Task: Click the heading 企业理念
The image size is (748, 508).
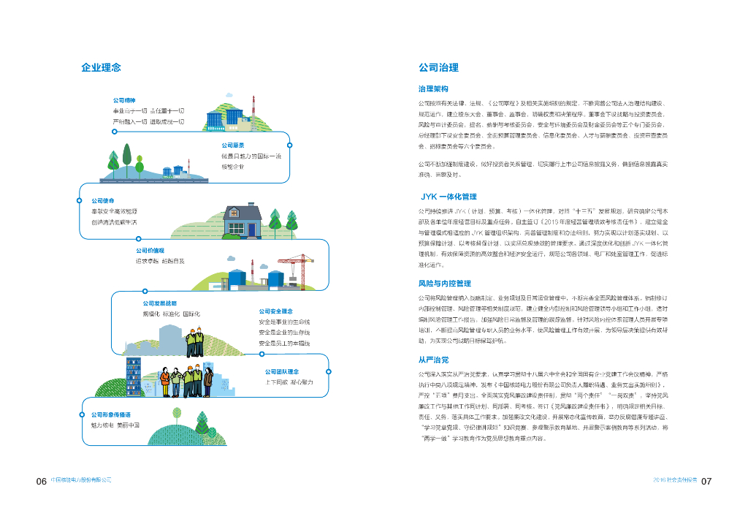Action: click(x=101, y=68)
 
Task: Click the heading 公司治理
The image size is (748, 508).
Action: click(x=438, y=68)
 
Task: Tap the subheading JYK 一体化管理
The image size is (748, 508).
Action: click(x=449, y=197)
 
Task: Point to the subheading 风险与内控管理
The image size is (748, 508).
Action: click(x=444, y=284)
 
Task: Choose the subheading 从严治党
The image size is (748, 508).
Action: click(x=433, y=360)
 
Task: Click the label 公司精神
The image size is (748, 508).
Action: click(x=123, y=99)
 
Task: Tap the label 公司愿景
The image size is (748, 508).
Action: click(x=233, y=145)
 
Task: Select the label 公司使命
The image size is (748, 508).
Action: click(x=103, y=200)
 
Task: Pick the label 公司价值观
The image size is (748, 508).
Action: click(x=150, y=250)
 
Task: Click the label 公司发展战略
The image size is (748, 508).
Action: click(x=159, y=303)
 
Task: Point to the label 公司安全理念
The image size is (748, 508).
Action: click(x=275, y=311)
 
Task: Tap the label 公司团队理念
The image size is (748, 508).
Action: click(x=282, y=371)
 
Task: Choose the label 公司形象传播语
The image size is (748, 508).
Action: click(x=111, y=414)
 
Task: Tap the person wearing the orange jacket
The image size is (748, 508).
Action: click(x=165, y=380)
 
